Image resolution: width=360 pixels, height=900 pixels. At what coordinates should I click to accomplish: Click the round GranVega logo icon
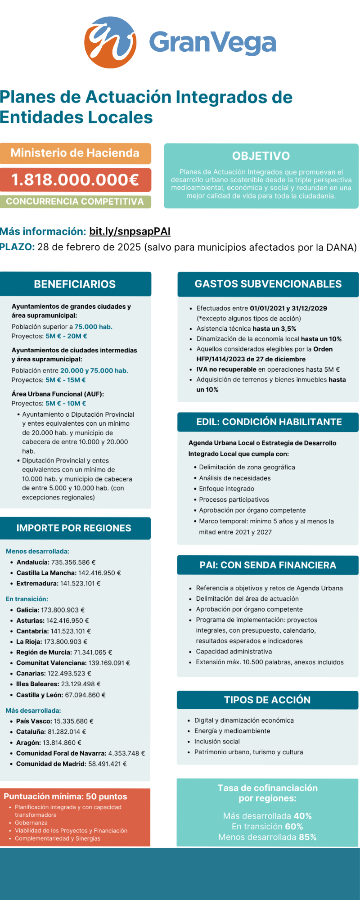pos(110,42)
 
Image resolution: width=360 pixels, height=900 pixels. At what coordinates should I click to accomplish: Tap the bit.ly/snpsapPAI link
pos(130,231)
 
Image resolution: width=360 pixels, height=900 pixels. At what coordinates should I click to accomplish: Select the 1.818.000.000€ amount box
pos(75,180)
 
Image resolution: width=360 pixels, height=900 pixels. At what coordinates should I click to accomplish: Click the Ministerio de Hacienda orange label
pos(75,153)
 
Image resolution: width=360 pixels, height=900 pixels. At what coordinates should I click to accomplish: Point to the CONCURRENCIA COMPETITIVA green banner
pos(75,202)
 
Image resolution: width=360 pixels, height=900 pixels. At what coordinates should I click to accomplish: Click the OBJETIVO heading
pos(261,156)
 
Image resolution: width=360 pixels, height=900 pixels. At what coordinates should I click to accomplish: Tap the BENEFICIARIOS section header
pos(75,284)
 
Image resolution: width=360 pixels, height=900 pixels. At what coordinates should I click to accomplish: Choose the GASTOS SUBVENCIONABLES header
pos(268,284)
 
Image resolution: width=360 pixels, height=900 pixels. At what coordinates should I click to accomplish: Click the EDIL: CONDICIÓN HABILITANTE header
pos(269,422)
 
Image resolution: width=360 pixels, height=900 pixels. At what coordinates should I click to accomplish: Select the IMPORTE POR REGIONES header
pos(74,528)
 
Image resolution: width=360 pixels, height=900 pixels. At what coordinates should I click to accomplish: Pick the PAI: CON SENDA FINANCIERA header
pos(268,565)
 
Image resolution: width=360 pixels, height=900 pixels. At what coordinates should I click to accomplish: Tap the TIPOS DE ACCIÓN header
pos(267,700)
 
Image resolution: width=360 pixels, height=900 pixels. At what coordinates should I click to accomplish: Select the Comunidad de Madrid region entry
pos(71,764)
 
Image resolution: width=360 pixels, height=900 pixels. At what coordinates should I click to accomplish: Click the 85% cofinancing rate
pos(307,837)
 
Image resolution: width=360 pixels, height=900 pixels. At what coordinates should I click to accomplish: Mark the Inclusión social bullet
pos(217,741)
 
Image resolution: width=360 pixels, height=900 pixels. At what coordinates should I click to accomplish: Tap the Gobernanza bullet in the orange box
pos(31,823)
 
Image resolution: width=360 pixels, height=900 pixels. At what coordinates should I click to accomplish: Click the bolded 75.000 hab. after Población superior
pos(94,327)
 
